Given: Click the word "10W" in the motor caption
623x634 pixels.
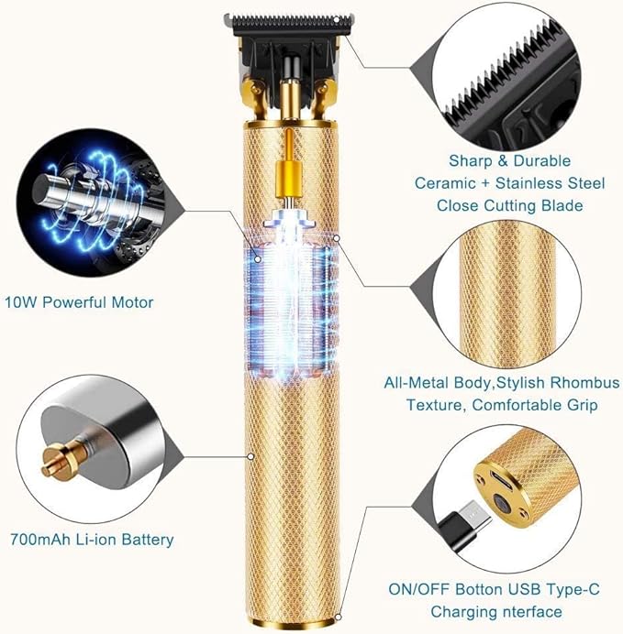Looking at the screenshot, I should tap(20, 302).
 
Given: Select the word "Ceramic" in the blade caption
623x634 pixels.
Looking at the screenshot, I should tap(446, 183).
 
